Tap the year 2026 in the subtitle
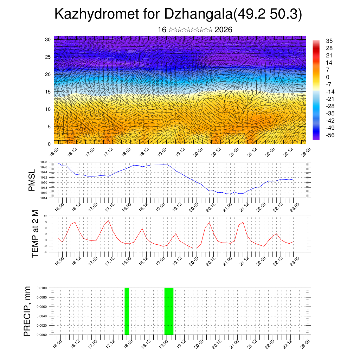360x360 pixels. coord(223,30)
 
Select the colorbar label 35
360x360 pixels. coord(329,41)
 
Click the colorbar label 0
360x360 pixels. coord(328,77)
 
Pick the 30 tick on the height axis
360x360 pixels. coord(48,39)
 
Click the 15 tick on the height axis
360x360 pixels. coord(48,92)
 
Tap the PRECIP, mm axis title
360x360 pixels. coord(27,311)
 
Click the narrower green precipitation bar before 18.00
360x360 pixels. coord(127,311)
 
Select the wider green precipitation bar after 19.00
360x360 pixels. coord(169,311)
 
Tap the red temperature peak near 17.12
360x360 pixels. coord(109,221)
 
